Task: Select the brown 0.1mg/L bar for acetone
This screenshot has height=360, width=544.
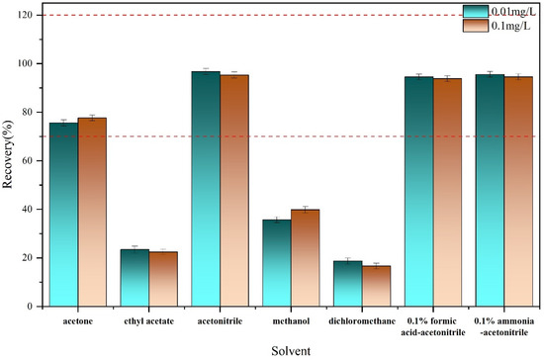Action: [92, 212]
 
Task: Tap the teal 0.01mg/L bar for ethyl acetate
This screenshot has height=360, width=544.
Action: [135, 278]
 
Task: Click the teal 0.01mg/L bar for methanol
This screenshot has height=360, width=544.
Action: [276, 263]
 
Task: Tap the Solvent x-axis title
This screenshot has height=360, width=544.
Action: [291, 350]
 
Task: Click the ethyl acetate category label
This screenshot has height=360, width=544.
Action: [148, 322]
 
